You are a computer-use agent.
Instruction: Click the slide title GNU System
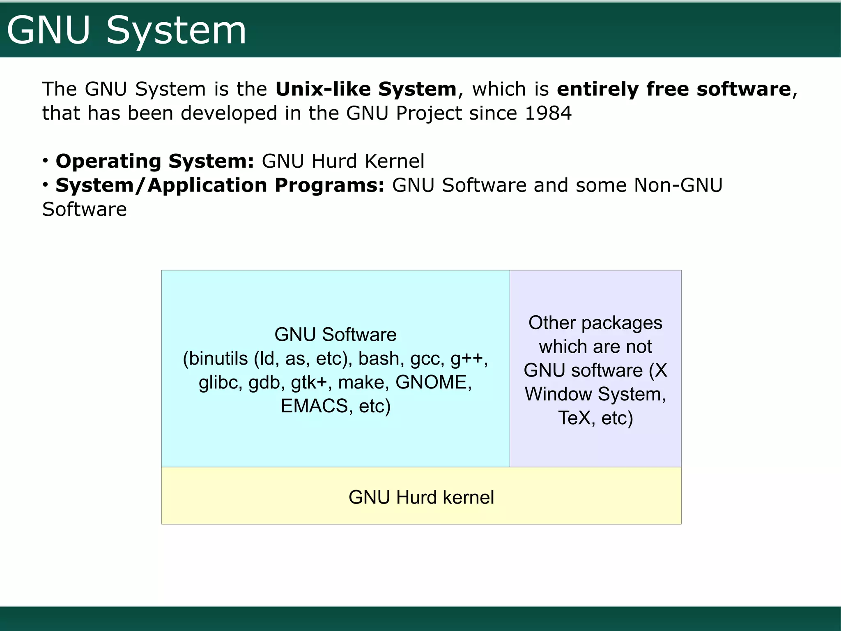tap(126, 30)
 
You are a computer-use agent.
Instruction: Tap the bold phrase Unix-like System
tap(365, 89)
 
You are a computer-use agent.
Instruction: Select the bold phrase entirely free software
tap(673, 89)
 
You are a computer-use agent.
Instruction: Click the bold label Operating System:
tap(155, 161)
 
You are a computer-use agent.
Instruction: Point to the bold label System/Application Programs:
tap(220, 185)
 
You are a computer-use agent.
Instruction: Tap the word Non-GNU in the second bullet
tap(678, 185)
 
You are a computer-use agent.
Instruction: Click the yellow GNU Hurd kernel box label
tap(421, 497)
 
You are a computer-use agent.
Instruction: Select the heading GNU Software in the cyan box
tap(335, 335)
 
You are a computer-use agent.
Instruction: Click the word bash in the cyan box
tap(379, 358)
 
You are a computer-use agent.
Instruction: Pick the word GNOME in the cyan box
tap(431, 382)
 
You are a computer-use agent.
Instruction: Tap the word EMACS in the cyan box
tap(314, 406)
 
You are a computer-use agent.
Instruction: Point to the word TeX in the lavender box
tap(574, 418)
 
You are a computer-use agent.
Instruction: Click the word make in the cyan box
tap(361, 382)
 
